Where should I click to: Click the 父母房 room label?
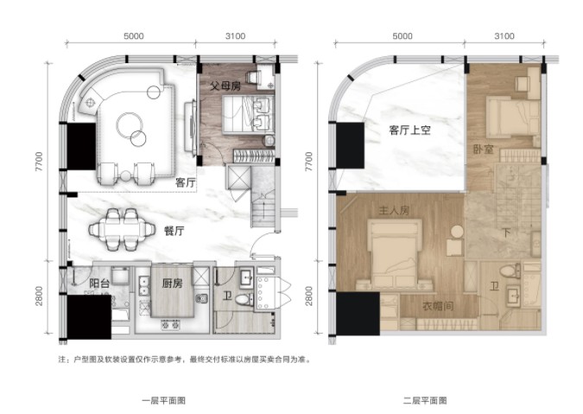tap(225, 86)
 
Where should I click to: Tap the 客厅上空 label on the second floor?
tap(409, 131)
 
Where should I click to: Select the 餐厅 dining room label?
tap(174, 231)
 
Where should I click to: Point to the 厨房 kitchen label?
tap(173, 283)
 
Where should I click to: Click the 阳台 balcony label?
tap(99, 283)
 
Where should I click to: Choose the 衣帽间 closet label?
tap(439, 306)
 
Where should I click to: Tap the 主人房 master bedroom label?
tap(394, 210)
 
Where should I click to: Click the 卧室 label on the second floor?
tap(484, 150)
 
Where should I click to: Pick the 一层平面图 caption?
tap(164, 401)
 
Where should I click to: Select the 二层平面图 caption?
tap(425, 401)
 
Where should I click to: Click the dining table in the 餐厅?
tap(122, 229)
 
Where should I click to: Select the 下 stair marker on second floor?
tap(506, 233)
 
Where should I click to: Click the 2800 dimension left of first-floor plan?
tap(39, 296)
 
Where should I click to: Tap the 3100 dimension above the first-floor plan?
tap(235, 36)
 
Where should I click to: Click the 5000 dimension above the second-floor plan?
tap(402, 36)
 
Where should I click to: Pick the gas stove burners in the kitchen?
tap(170, 325)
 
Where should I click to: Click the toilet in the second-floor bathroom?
tap(510, 271)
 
